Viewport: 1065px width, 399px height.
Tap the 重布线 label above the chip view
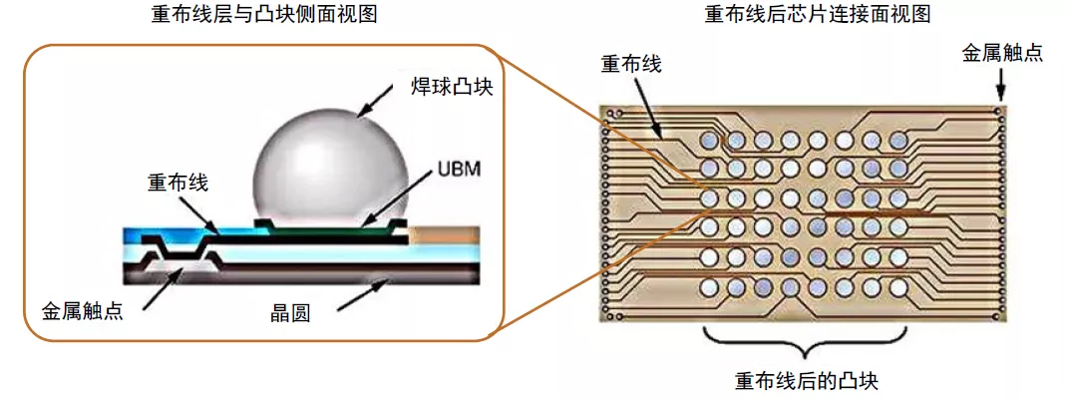click(x=630, y=65)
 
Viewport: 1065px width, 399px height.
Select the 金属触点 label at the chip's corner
click(x=1002, y=53)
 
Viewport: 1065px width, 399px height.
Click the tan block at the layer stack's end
click(x=445, y=237)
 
